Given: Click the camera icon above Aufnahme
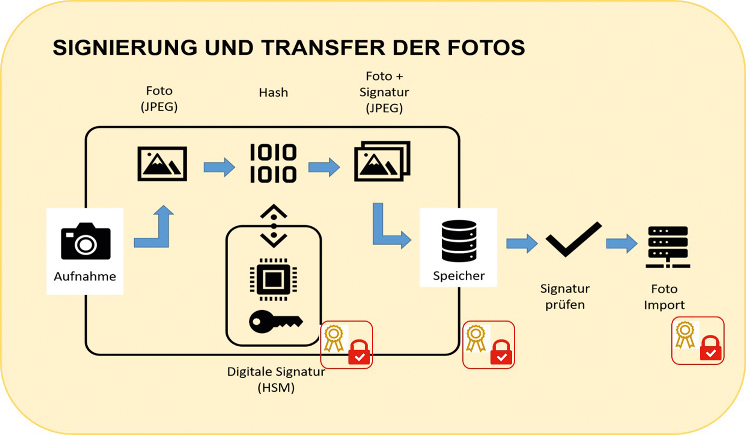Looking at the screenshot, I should (x=85, y=241).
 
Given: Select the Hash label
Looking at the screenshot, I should (x=274, y=92).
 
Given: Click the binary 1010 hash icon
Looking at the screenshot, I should (x=273, y=163).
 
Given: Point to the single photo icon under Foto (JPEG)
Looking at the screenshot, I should (x=162, y=164).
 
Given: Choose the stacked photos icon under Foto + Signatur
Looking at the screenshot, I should (x=382, y=161).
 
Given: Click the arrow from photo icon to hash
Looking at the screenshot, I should (x=219, y=167).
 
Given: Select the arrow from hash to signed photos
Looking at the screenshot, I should (x=324, y=167).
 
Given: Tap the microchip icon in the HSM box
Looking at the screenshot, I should (x=274, y=279).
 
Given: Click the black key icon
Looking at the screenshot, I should (x=275, y=321).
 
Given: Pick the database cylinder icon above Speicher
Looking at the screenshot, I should (x=459, y=241).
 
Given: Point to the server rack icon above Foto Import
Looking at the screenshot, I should (x=668, y=247).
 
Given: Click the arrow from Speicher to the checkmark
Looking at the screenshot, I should (x=522, y=244).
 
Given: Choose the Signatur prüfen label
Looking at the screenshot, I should (x=565, y=297).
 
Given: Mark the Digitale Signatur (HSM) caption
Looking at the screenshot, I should (x=276, y=379).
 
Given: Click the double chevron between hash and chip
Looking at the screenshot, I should (x=274, y=226).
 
